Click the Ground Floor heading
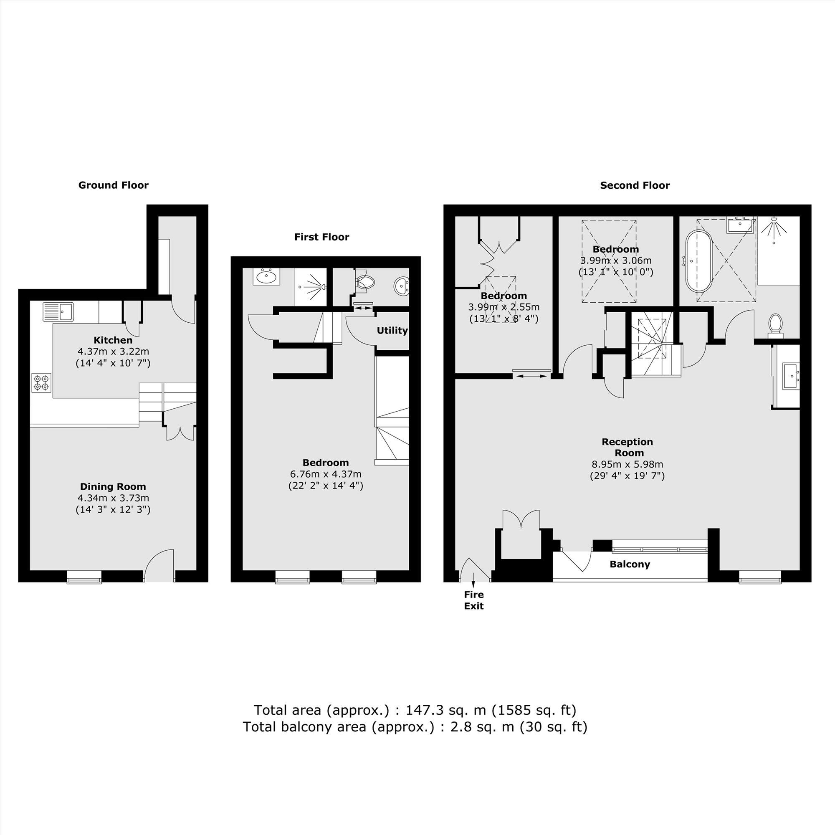(113, 185)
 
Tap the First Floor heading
(321, 237)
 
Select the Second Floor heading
(635, 185)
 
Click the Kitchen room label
(113, 340)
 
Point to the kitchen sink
(58, 311)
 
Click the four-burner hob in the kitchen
(41, 383)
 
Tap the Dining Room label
(113, 487)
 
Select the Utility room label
(392, 331)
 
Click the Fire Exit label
(474, 600)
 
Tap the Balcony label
(630, 564)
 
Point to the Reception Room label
(627, 447)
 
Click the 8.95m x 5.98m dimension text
(627, 465)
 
